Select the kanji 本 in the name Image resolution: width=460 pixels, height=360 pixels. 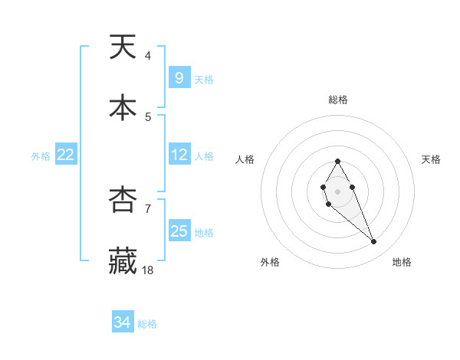click(123, 108)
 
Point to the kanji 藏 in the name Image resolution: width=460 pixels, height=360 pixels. click(123, 260)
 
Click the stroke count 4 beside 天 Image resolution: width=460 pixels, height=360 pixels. click(147, 56)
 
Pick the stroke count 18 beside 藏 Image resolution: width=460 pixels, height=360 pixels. click(149, 270)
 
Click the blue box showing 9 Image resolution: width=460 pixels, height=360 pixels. click(179, 77)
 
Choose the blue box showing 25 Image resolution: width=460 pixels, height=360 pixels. click(179, 231)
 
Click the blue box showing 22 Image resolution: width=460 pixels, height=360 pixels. click(66, 155)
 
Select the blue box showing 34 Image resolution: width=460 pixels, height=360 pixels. click(123, 322)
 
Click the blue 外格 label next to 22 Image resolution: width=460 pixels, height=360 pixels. click(41, 155)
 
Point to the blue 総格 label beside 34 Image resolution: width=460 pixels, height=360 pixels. click(148, 324)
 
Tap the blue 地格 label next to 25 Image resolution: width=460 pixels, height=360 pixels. click(204, 232)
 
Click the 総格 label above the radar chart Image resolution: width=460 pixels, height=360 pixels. click(337, 100)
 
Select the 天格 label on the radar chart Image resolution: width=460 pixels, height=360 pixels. click(432, 159)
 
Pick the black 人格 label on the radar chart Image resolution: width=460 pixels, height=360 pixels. click(245, 159)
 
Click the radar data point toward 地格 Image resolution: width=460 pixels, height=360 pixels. click(374, 242)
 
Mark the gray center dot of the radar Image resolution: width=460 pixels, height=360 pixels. click(337, 190)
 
